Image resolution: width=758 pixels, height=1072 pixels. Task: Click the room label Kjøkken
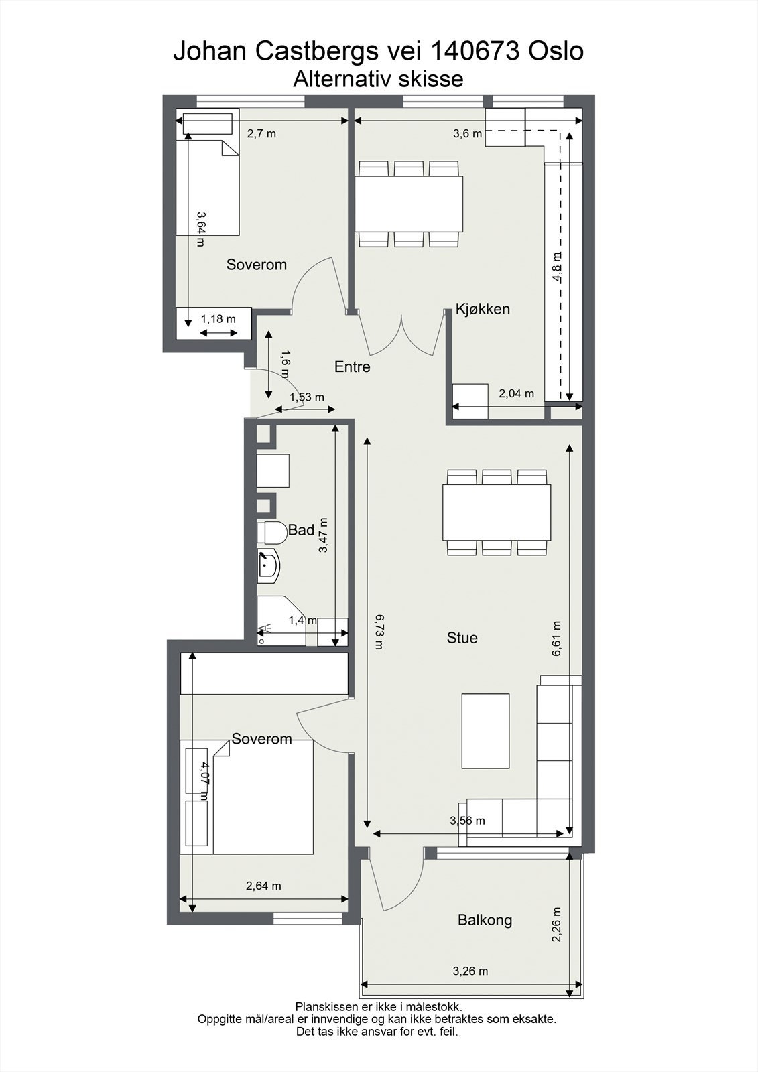pos(483,309)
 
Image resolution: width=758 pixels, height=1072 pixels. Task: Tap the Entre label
pos(353,367)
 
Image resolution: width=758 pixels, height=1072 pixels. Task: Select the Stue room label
pos(462,638)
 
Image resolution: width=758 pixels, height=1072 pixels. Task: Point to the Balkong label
pos(485,920)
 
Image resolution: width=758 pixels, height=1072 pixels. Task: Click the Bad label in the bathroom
pos(301,530)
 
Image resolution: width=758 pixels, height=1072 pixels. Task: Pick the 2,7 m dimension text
pos(261,134)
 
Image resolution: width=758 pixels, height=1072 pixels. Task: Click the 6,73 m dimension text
pos(379,632)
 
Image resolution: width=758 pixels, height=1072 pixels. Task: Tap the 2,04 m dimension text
pos(516,394)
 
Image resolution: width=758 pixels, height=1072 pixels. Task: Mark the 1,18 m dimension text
pos(218,319)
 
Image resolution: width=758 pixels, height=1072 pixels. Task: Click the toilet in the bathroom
pos(271,533)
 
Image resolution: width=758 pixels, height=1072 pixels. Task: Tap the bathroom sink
pos(268,566)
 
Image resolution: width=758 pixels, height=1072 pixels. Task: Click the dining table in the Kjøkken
pos(409,204)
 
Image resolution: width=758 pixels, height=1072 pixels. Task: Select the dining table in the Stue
pos(497,513)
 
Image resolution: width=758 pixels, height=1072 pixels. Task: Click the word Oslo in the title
pos(556,51)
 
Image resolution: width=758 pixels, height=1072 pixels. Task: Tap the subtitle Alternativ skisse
pos(378,79)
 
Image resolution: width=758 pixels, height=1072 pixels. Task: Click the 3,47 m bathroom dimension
pos(324,535)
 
